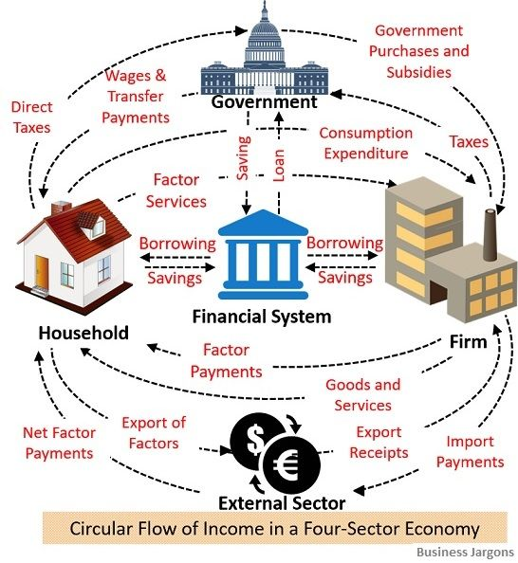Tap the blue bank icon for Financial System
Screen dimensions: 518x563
coord(263,255)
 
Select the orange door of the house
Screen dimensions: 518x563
coord(42,271)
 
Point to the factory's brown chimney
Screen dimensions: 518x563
coord(490,235)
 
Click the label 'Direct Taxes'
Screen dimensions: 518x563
coord(31,118)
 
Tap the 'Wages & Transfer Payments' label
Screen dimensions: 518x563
coord(136,97)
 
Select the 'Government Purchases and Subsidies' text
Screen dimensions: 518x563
coord(418,51)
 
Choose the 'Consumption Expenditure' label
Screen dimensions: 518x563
coord(366,143)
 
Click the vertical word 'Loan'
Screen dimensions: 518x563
coord(279,166)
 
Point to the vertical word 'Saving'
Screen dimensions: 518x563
coord(243,158)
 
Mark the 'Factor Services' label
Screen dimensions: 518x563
coord(176,191)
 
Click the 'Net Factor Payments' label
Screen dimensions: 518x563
coord(60,443)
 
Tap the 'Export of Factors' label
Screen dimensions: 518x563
coord(154,433)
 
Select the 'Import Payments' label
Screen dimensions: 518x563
coord(471,452)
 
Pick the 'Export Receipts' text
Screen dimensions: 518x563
coord(379,443)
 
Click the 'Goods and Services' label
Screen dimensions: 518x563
coord(363,395)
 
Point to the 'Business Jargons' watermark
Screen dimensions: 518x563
coord(466,552)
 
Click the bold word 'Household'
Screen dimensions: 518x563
coord(83,333)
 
